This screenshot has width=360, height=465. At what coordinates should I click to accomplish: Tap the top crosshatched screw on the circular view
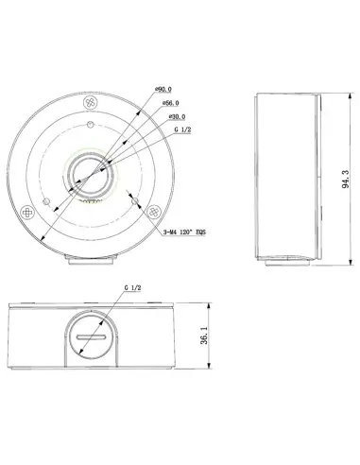click(91, 102)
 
